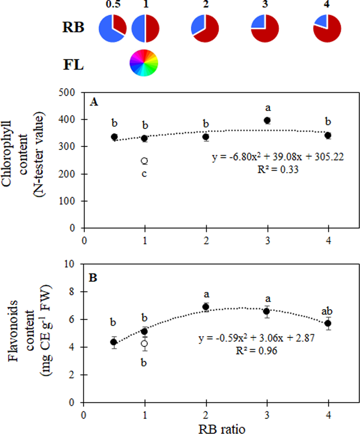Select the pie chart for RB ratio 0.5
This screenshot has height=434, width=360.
click(112, 28)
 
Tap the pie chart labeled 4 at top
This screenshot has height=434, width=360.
click(327, 28)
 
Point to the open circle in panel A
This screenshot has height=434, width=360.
click(145, 161)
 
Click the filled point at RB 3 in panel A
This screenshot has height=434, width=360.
click(267, 120)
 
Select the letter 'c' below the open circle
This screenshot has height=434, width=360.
click(145, 174)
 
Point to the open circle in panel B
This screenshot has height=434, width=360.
click(145, 343)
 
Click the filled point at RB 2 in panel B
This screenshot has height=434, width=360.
click(206, 307)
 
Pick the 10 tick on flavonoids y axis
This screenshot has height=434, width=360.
click(75, 264)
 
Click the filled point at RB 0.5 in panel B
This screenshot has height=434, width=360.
click(114, 342)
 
